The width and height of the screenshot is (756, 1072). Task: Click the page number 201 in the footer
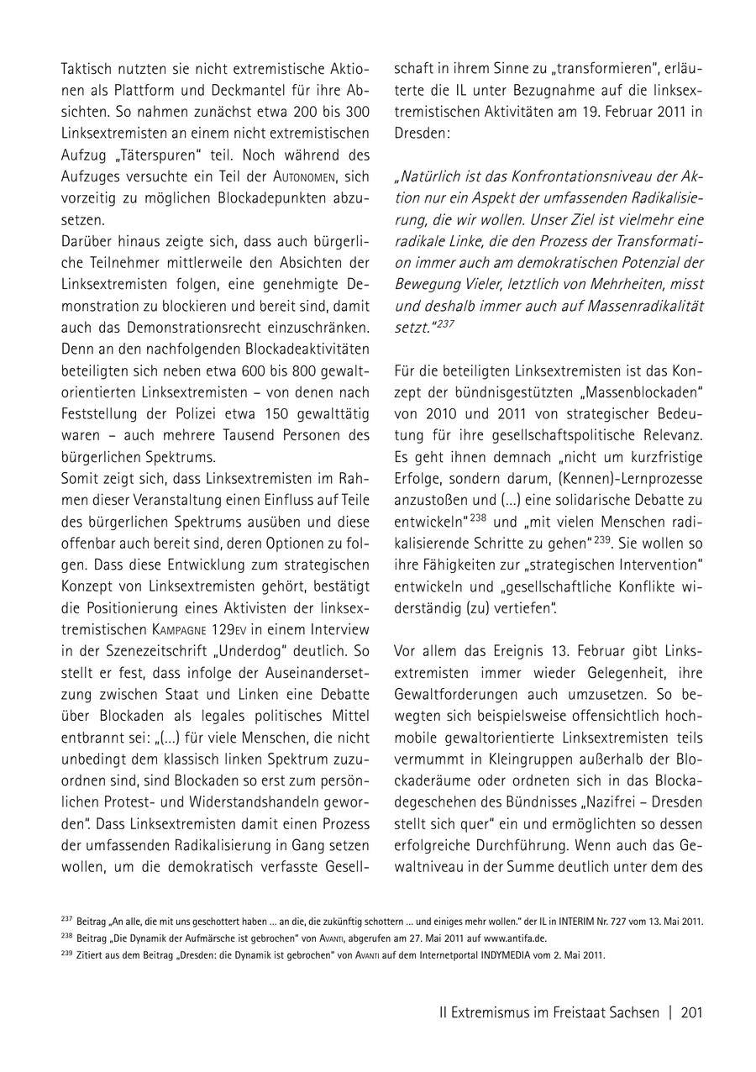coord(691,1013)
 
